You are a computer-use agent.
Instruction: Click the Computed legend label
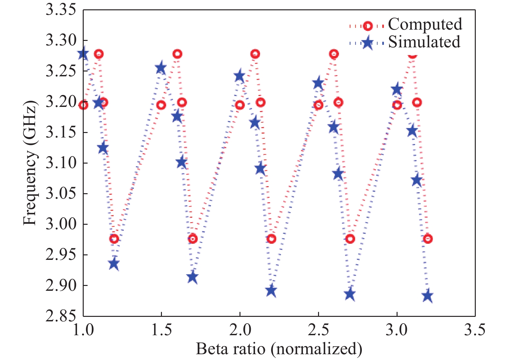425,24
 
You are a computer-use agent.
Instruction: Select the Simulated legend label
424,42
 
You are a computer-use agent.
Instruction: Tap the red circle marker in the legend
367,26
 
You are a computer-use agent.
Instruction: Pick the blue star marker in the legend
367,43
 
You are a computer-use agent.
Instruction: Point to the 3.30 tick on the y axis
61,40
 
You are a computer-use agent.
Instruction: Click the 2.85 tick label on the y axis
61,316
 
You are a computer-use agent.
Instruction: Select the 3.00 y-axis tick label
61,224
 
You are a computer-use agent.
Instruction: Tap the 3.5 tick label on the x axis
474,330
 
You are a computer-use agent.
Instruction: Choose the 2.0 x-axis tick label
239,330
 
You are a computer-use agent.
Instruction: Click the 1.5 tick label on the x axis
161,330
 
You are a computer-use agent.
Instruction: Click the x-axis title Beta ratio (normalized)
279,349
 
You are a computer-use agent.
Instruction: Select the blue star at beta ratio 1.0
83,53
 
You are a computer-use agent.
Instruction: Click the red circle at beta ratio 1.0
83,105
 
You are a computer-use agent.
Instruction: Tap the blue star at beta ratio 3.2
427,296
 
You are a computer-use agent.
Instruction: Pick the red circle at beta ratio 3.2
427,239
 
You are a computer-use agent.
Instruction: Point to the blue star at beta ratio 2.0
239,77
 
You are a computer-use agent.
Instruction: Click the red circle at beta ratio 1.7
192,239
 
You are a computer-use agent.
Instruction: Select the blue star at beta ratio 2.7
350,294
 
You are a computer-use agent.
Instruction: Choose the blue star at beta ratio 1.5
161,68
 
